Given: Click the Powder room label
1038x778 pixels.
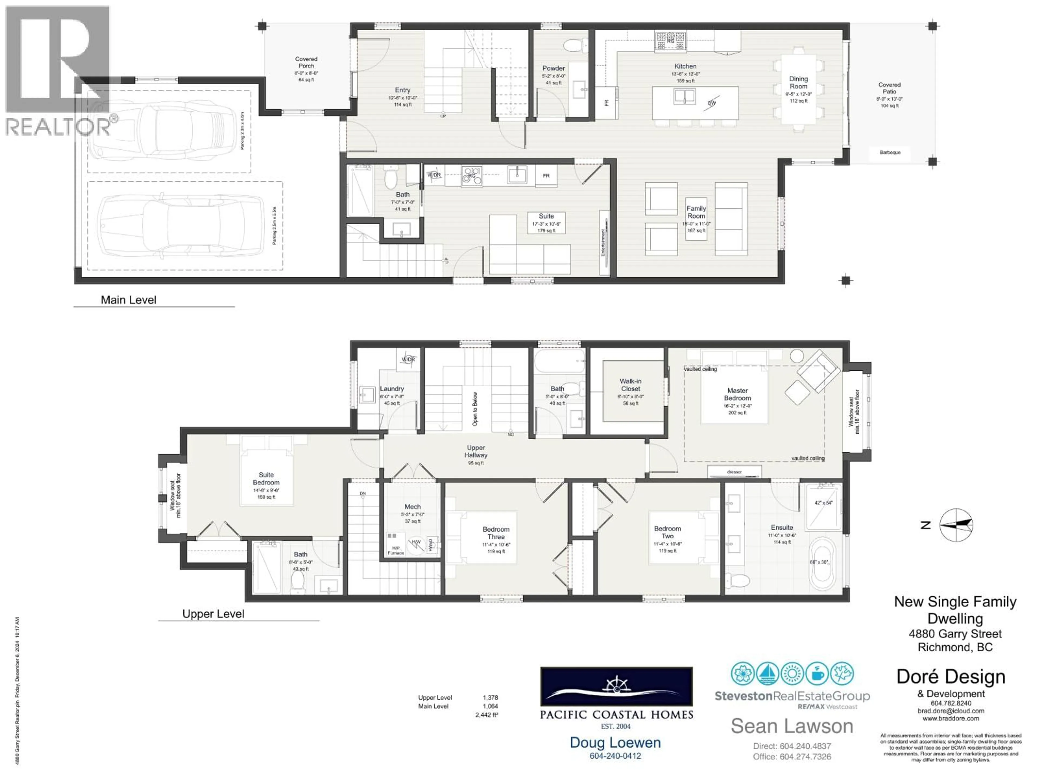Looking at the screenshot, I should [x=553, y=68].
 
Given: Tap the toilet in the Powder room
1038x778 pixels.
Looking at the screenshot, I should [x=575, y=45].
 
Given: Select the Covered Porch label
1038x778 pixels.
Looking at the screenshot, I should [x=306, y=62].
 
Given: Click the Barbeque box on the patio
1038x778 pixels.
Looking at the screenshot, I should [x=890, y=152].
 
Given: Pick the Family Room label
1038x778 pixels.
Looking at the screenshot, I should [x=696, y=212].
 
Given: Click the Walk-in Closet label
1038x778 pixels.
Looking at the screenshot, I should [x=630, y=385].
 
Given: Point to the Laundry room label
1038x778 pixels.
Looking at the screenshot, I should [x=391, y=389].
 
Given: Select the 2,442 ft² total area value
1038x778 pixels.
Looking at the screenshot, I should [x=487, y=715].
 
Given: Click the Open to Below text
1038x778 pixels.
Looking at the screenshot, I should [x=475, y=409].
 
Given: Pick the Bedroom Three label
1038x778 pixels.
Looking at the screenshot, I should [x=496, y=533].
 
